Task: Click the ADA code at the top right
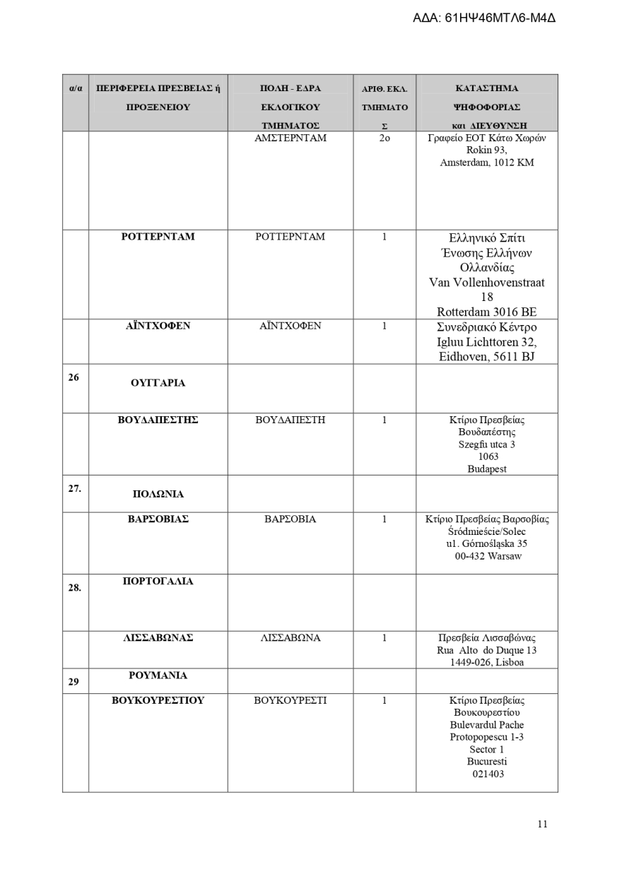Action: point(483,18)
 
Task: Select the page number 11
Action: point(542,824)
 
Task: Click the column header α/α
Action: point(75,89)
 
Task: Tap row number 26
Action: point(74,377)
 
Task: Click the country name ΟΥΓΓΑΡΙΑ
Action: point(158,383)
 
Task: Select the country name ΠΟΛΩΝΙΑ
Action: point(158,494)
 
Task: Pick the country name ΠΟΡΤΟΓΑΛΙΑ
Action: point(158,582)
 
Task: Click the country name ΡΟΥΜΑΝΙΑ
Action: point(158,676)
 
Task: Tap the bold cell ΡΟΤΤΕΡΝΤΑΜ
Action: point(158,237)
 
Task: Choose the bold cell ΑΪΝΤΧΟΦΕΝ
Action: point(158,326)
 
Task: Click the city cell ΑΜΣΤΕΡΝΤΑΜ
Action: point(290,138)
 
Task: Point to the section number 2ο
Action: point(385,138)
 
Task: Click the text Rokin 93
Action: point(486,150)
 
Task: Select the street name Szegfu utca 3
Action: point(486,444)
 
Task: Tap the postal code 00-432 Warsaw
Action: point(488,556)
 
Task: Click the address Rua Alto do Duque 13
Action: point(486,650)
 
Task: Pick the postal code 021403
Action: point(486,774)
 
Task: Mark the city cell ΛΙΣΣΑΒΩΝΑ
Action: point(290,638)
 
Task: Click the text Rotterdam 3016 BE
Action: point(486,312)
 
